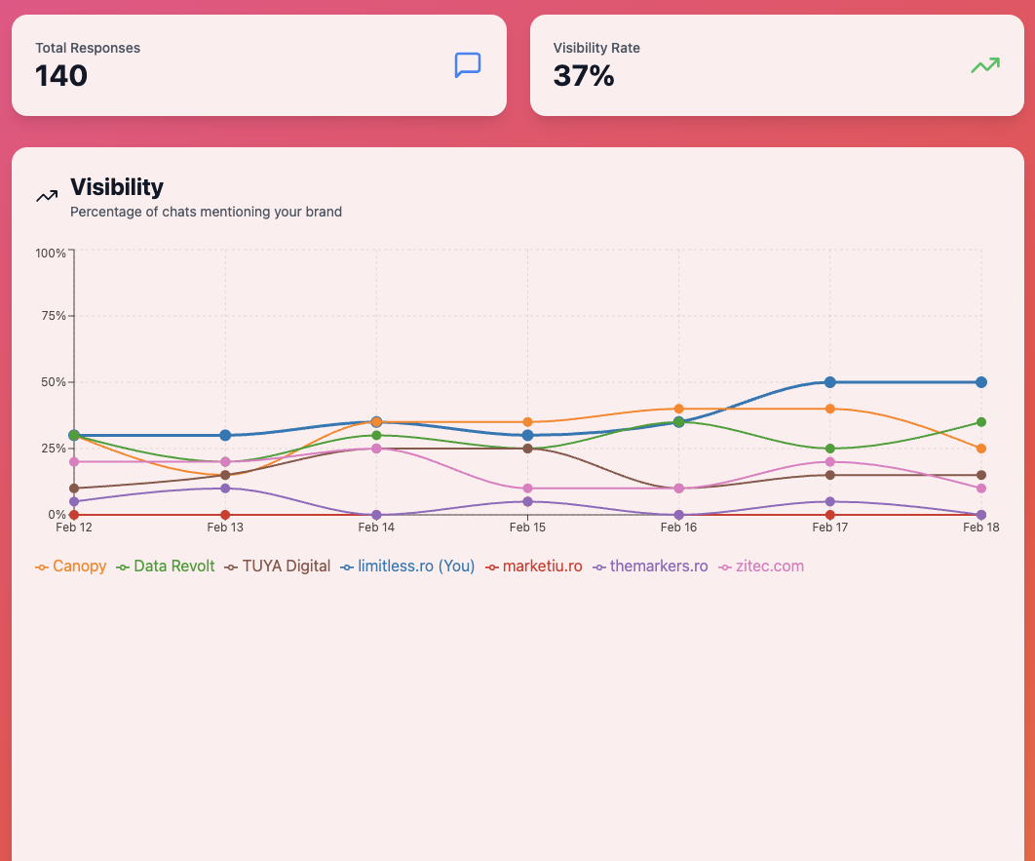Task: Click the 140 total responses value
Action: click(61, 76)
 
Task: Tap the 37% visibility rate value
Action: click(583, 76)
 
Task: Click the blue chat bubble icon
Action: click(468, 65)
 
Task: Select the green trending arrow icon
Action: click(984, 65)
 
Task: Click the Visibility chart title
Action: click(117, 186)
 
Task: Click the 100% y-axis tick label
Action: click(50, 253)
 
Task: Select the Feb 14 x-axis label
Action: click(376, 528)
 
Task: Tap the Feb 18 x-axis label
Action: click(980, 528)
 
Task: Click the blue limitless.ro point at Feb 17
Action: click(830, 382)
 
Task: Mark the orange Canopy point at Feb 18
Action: click(981, 449)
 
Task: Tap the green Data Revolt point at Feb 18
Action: click(981, 422)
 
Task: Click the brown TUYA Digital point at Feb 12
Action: click(74, 489)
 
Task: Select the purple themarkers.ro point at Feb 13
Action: click(225, 489)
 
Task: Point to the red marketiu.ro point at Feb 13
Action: click(225, 515)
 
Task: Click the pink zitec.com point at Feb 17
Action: click(830, 462)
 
